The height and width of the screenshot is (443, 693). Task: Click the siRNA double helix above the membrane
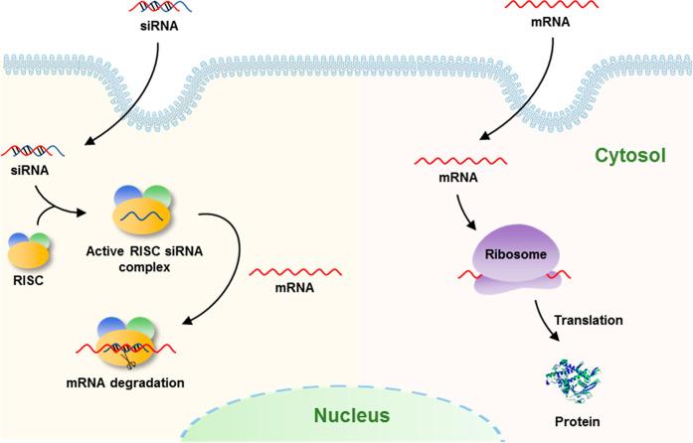point(160,10)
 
